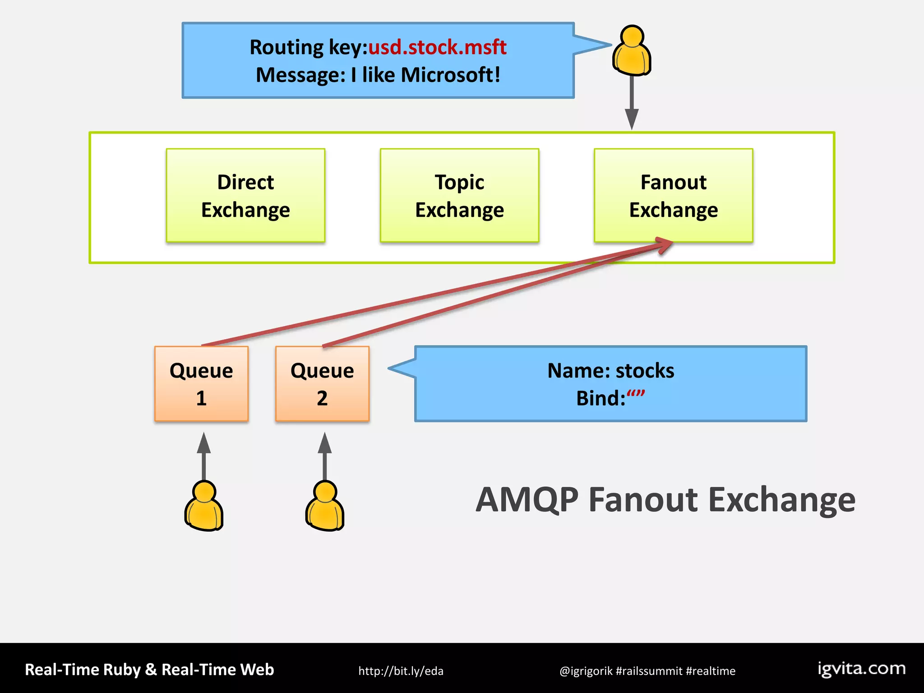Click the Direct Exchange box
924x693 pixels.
(245, 195)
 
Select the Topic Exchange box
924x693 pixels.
(459, 195)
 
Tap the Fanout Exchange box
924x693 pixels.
(673, 195)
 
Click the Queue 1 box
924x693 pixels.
(201, 384)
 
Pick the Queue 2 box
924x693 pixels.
(322, 384)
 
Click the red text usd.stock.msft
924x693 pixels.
(437, 47)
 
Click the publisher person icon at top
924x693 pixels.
(632, 51)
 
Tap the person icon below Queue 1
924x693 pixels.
(204, 506)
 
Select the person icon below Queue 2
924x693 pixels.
(325, 506)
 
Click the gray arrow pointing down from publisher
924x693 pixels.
(632, 104)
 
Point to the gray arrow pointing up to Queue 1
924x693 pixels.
(204, 456)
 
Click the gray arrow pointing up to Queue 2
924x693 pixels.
(325, 456)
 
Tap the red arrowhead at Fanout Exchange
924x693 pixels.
(665, 245)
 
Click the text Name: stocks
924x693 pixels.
(610, 371)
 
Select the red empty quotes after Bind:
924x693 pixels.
(636, 395)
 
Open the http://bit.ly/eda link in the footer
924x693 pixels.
(401, 671)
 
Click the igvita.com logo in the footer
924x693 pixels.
(861, 669)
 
